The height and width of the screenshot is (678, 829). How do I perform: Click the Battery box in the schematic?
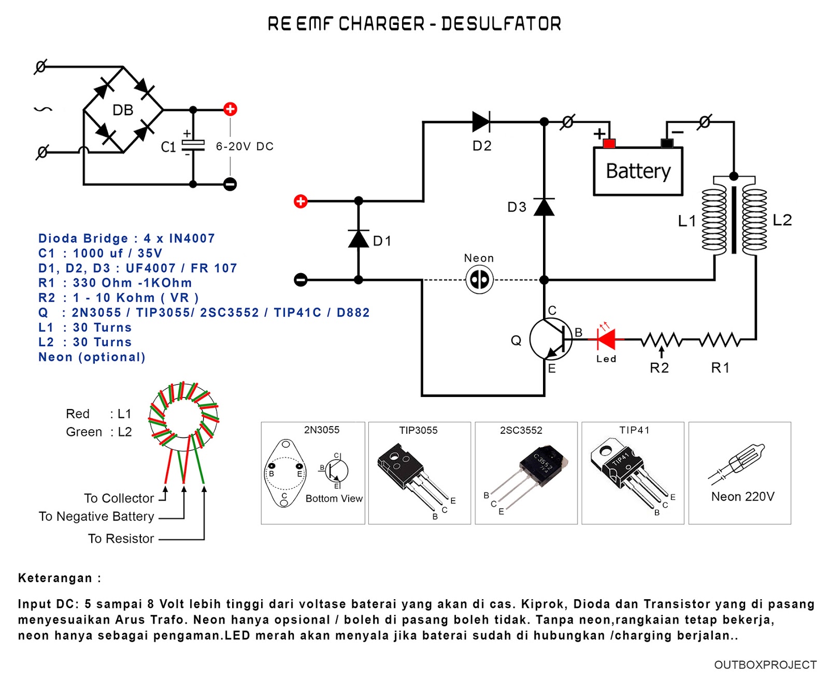point(638,171)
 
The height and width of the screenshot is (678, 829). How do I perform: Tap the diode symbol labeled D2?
point(481,122)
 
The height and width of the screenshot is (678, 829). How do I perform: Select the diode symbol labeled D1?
point(359,238)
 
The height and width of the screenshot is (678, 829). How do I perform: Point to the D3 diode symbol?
point(544,207)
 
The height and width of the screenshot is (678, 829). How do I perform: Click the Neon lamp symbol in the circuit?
point(479,280)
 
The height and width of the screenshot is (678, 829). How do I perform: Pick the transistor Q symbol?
point(551,340)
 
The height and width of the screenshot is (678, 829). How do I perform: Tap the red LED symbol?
point(606,340)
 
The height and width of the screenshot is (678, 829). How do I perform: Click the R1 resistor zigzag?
point(720,340)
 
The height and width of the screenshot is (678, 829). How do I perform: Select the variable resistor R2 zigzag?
point(661,340)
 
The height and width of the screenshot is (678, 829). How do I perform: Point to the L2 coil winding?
point(755,220)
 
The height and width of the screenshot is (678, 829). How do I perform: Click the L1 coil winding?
point(714,220)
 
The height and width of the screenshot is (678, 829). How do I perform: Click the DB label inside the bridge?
point(123,110)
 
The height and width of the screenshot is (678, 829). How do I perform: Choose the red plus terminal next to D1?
point(301,201)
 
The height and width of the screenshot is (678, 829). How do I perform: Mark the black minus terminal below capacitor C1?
point(230,184)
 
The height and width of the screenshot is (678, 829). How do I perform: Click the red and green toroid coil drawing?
point(184,415)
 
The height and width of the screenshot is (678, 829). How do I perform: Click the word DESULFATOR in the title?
point(501,24)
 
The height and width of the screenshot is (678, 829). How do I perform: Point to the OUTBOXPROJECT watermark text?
point(765,665)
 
